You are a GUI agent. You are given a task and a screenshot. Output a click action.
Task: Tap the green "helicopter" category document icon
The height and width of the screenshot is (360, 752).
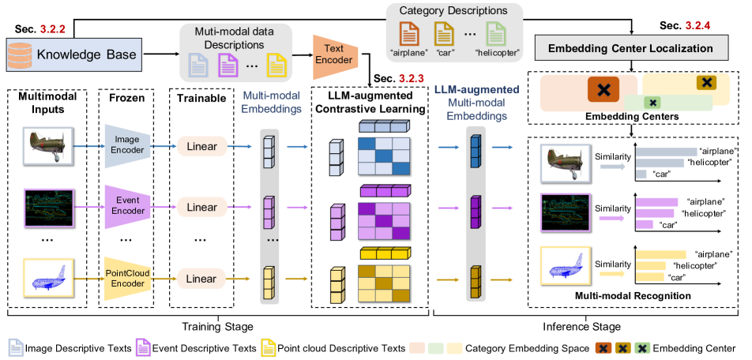point(496,35)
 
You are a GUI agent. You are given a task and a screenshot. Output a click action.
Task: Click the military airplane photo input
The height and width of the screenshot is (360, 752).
point(41,146)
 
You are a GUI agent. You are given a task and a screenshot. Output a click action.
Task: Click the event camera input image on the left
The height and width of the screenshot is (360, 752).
point(41,211)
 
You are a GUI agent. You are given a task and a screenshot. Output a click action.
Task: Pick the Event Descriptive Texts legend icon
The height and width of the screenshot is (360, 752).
point(144,347)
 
